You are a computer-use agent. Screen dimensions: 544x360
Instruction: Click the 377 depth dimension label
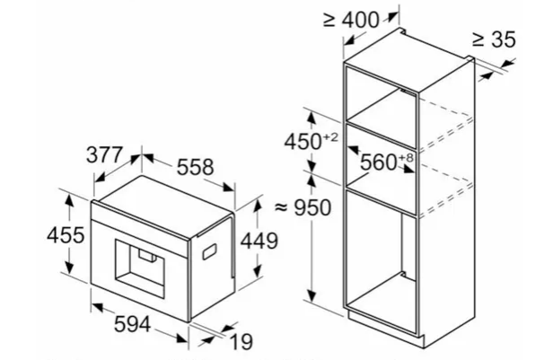point(104,154)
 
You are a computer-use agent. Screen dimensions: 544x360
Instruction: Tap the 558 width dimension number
point(196,167)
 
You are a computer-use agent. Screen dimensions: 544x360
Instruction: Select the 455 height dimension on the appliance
point(66,235)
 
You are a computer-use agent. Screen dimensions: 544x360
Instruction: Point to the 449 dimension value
point(259,241)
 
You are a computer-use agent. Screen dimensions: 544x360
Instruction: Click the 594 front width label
point(133,325)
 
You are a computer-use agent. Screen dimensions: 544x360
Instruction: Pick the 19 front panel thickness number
point(241,342)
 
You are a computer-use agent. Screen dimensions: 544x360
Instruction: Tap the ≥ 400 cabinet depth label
point(351,20)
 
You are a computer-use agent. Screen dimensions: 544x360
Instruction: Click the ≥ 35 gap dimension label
point(494,40)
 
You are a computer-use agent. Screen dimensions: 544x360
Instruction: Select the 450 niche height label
point(303,142)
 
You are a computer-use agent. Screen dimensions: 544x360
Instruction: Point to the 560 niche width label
point(378,162)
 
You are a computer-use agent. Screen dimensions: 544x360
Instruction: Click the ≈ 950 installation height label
point(303,207)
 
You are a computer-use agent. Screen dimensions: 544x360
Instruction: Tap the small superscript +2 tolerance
point(330,137)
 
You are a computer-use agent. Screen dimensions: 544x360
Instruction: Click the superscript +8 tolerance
point(406,158)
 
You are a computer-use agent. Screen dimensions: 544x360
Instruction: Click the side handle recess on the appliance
point(209,251)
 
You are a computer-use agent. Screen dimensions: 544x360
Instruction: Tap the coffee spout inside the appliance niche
point(147,255)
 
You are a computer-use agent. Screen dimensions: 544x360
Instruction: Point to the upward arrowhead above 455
point(70,200)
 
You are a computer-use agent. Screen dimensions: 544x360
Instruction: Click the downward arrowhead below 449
point(257,271)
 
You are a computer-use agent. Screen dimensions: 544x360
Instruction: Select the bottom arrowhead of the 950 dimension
point(311,296)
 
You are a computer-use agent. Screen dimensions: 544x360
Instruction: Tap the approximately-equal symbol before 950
point(282,207)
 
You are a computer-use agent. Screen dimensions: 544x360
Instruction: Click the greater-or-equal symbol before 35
point(478,40)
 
